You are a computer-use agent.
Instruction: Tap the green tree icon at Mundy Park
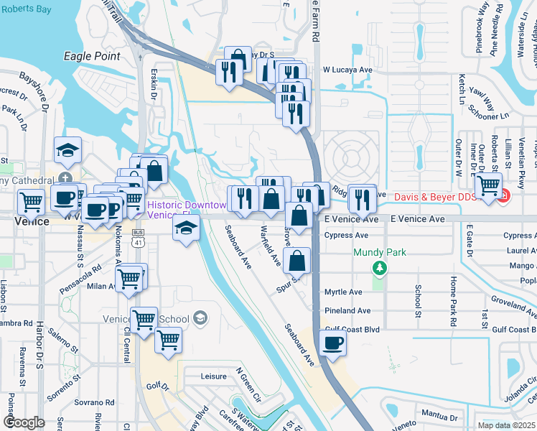point(380,267)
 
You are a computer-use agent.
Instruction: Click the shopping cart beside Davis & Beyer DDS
point(488,185)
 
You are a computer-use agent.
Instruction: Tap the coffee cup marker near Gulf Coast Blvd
point(332,343)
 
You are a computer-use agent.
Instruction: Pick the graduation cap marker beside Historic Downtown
point(185,228)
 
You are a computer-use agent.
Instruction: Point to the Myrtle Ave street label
point(342,292)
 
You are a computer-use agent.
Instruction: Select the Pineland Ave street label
point(347,310)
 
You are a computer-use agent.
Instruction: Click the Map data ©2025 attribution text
point(507,425)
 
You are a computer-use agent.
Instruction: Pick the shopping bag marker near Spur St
point(296,260)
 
